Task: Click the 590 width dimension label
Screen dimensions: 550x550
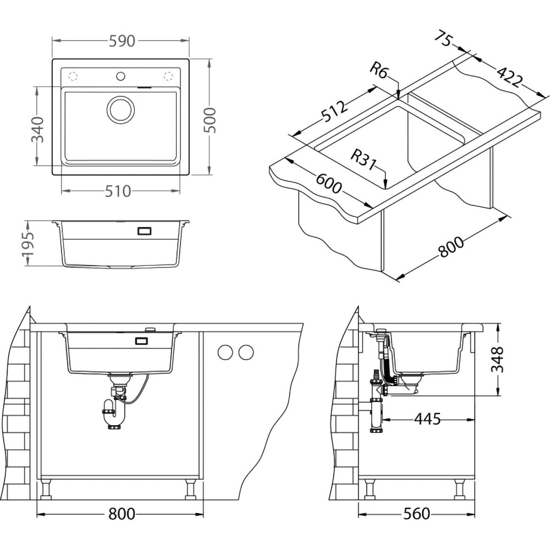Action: (x=121, y=41)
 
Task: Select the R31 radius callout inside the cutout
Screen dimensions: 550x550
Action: (x=363, y=159)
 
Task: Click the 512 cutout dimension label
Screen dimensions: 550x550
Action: (x=335, y=113)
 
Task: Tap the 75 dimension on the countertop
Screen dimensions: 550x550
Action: (x=443, y=40)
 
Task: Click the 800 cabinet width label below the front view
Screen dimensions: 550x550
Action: (x=121, y=514)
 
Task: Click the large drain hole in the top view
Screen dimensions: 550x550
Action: (x=121, y=109)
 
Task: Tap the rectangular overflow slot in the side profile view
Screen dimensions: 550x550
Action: (x=144, y=232)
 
